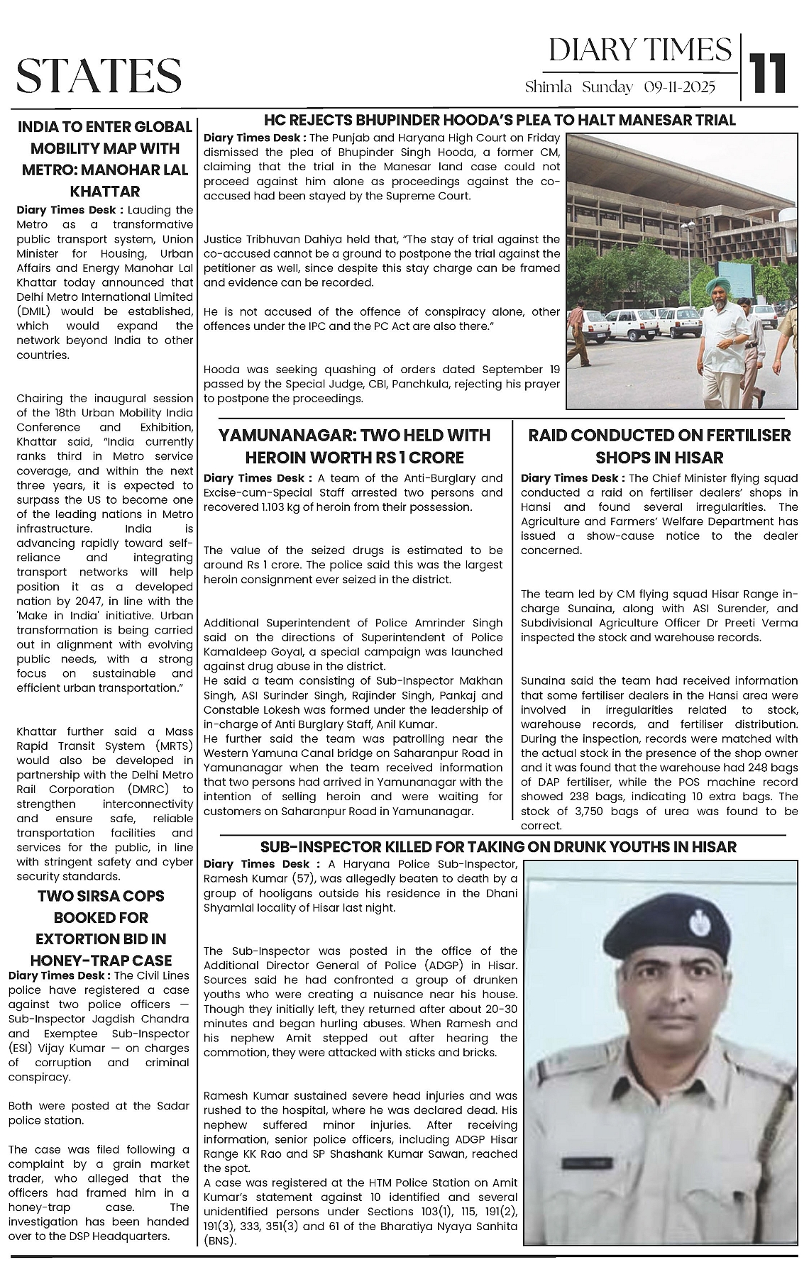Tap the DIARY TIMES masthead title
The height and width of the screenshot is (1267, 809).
pyautogui.click(x=640, y=50)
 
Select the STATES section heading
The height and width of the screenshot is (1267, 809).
pyautogui.click(x=99, y=75)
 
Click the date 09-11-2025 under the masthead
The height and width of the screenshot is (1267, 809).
pyautogui.click(x=680, y=87)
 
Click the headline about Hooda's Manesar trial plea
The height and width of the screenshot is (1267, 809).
pyautogui.click(x=500, y=119)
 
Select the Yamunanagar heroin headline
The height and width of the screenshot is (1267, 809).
pyautogui.click(x=353, y=446)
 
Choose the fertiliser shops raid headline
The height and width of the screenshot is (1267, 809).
pyautogui.click(x=659, y=446)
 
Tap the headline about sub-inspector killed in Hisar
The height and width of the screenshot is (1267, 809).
pyautogui.click(x=498, y=846)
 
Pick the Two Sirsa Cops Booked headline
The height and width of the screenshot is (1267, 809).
pyautogui.click(x=101, y=928)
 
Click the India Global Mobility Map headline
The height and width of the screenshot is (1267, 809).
pyautogui.click(x=104, y=159)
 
